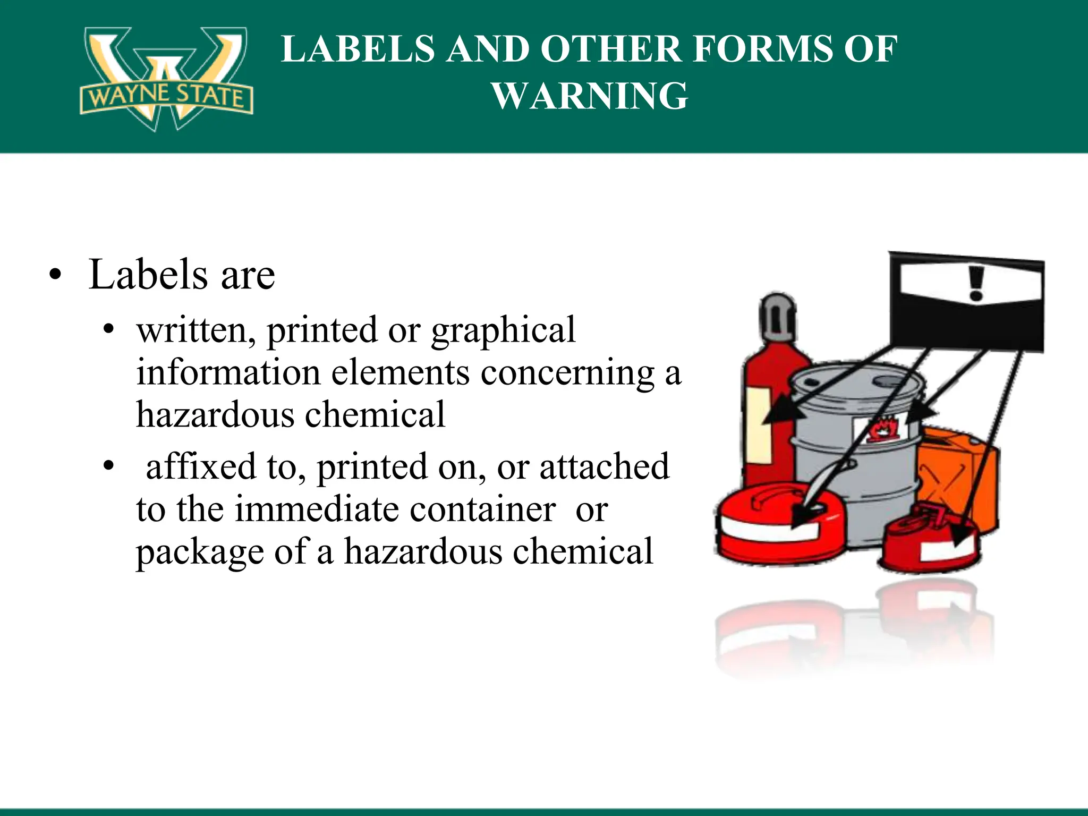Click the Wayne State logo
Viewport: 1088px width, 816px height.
(x=166, y=79)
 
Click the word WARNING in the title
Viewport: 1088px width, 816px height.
(x=590, y=96)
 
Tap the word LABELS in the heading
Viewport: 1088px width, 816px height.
(x=358, y=49)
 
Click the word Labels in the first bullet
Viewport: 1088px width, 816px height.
(x=148, y=275)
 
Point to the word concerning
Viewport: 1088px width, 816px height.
(x=567, y=373)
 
